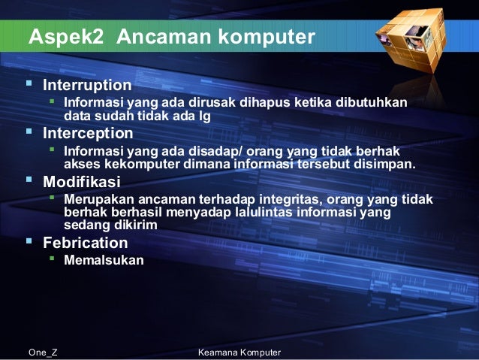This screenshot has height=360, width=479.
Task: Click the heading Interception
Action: coord(88,134)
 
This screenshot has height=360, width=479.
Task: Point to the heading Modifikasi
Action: coord(80,183)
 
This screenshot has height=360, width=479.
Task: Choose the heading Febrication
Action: coord(85,243)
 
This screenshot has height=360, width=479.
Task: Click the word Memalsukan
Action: coord(104,261)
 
